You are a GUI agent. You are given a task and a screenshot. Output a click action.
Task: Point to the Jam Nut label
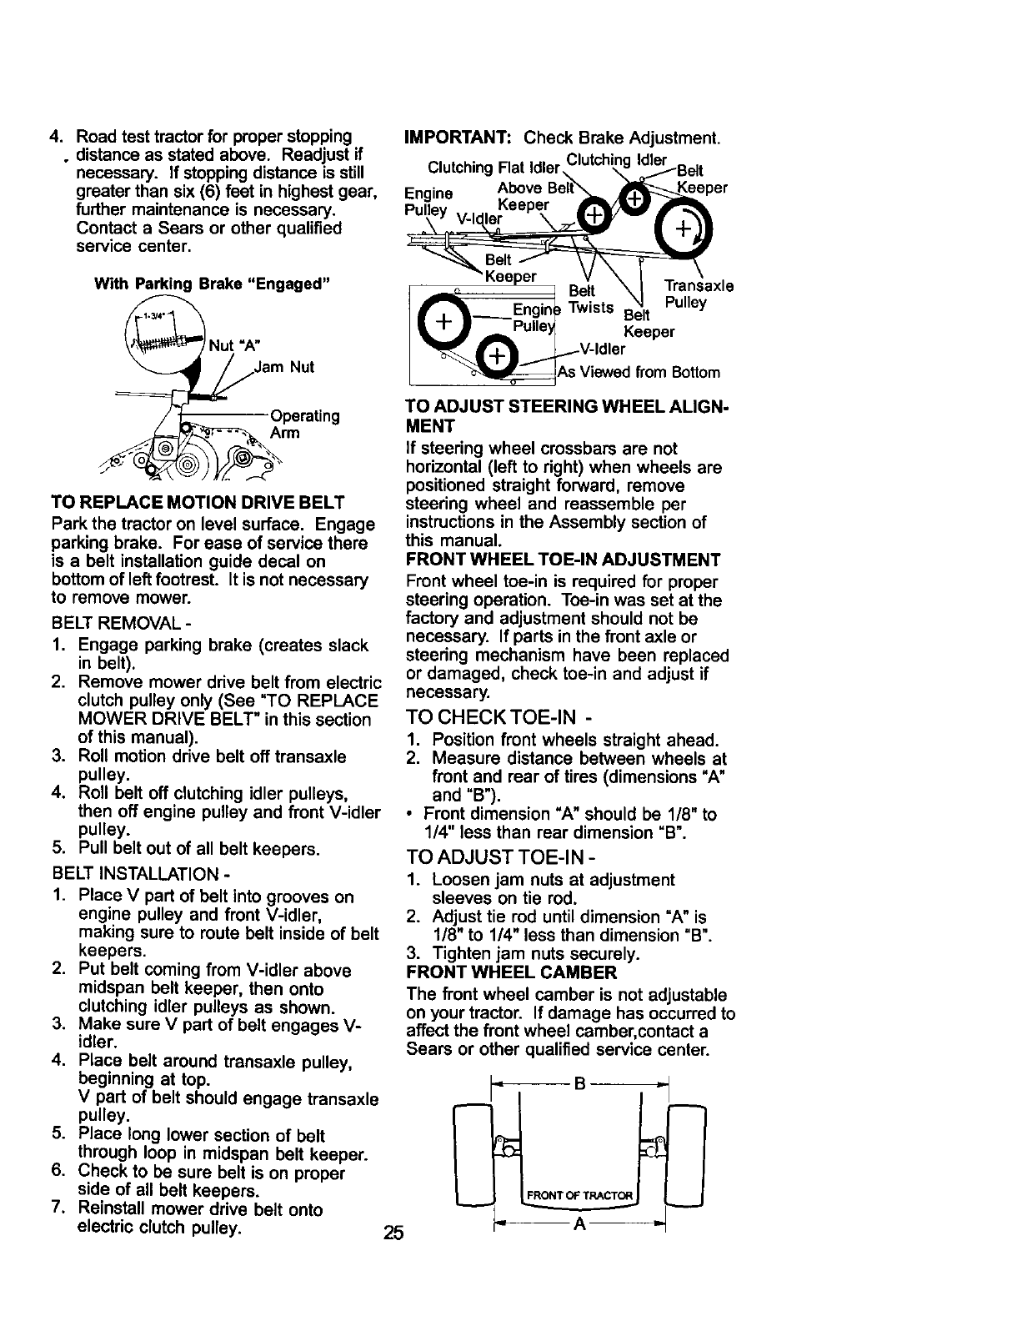[x=284, y=366]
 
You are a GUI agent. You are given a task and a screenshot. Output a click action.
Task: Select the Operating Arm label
[x=304, y=424]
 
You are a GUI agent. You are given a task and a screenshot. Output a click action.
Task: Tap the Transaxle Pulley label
[x=698, y=294]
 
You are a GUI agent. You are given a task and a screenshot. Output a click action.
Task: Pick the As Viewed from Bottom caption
[x=639, y=372]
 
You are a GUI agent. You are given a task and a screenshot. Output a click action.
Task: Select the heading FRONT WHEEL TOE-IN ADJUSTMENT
[x=564, y=560]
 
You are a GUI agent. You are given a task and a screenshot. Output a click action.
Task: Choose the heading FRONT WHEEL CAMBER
[x=511, y=972]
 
